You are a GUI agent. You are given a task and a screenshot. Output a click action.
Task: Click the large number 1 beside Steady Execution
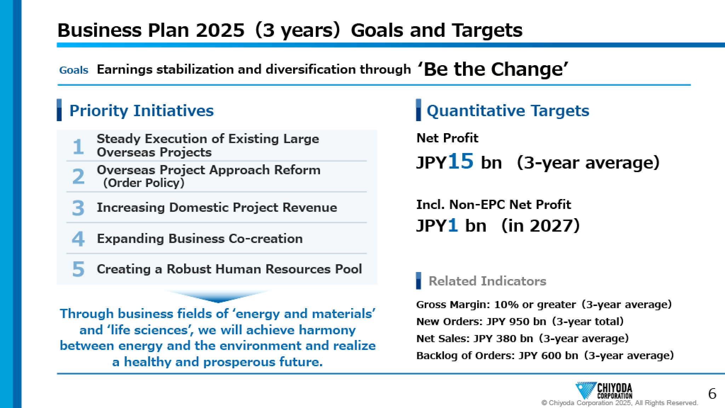click(x=78, y=146)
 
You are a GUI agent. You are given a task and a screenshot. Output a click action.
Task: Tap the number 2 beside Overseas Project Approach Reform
click(x=78, y=176)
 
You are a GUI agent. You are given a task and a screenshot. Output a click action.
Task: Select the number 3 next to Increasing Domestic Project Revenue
click(x=78, y=208)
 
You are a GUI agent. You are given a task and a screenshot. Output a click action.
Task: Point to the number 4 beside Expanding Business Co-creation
click(x=78, y=238)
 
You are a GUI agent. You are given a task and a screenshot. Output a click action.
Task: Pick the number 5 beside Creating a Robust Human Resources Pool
click(x=78, y=269)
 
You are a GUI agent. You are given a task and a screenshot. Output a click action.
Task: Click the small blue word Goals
click(x=74, y=70)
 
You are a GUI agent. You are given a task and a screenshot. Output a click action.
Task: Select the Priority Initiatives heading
click(x=142, y=110)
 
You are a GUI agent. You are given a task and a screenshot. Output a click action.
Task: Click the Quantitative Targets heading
click(x=508, y=110)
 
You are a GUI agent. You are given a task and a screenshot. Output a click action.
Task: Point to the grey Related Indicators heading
click(x=487, y=281)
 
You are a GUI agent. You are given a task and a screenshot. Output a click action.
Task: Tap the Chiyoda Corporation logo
click(x=604, y=391)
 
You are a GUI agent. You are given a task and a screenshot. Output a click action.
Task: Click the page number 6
click(x=712, y=394)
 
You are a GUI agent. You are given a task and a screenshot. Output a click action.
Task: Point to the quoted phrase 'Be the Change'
click(x=493, y=69)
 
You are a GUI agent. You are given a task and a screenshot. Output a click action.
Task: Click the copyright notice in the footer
click(x=620, y=403)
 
